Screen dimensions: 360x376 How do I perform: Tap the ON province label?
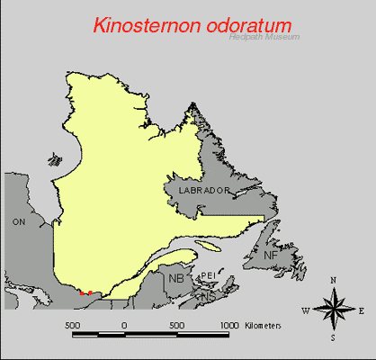18,220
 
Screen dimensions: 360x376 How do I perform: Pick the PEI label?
206,275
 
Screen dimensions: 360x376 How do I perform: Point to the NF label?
271,256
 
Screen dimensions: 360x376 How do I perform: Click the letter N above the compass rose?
333,281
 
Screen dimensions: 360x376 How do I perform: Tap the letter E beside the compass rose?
361,311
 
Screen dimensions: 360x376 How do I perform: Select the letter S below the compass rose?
333,339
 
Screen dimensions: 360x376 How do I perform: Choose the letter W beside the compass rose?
305,311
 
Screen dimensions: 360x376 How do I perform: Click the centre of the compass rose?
333,310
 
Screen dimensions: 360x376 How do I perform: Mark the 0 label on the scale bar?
124,323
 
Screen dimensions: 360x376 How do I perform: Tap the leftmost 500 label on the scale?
73,323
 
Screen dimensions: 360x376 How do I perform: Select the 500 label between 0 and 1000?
176,323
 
